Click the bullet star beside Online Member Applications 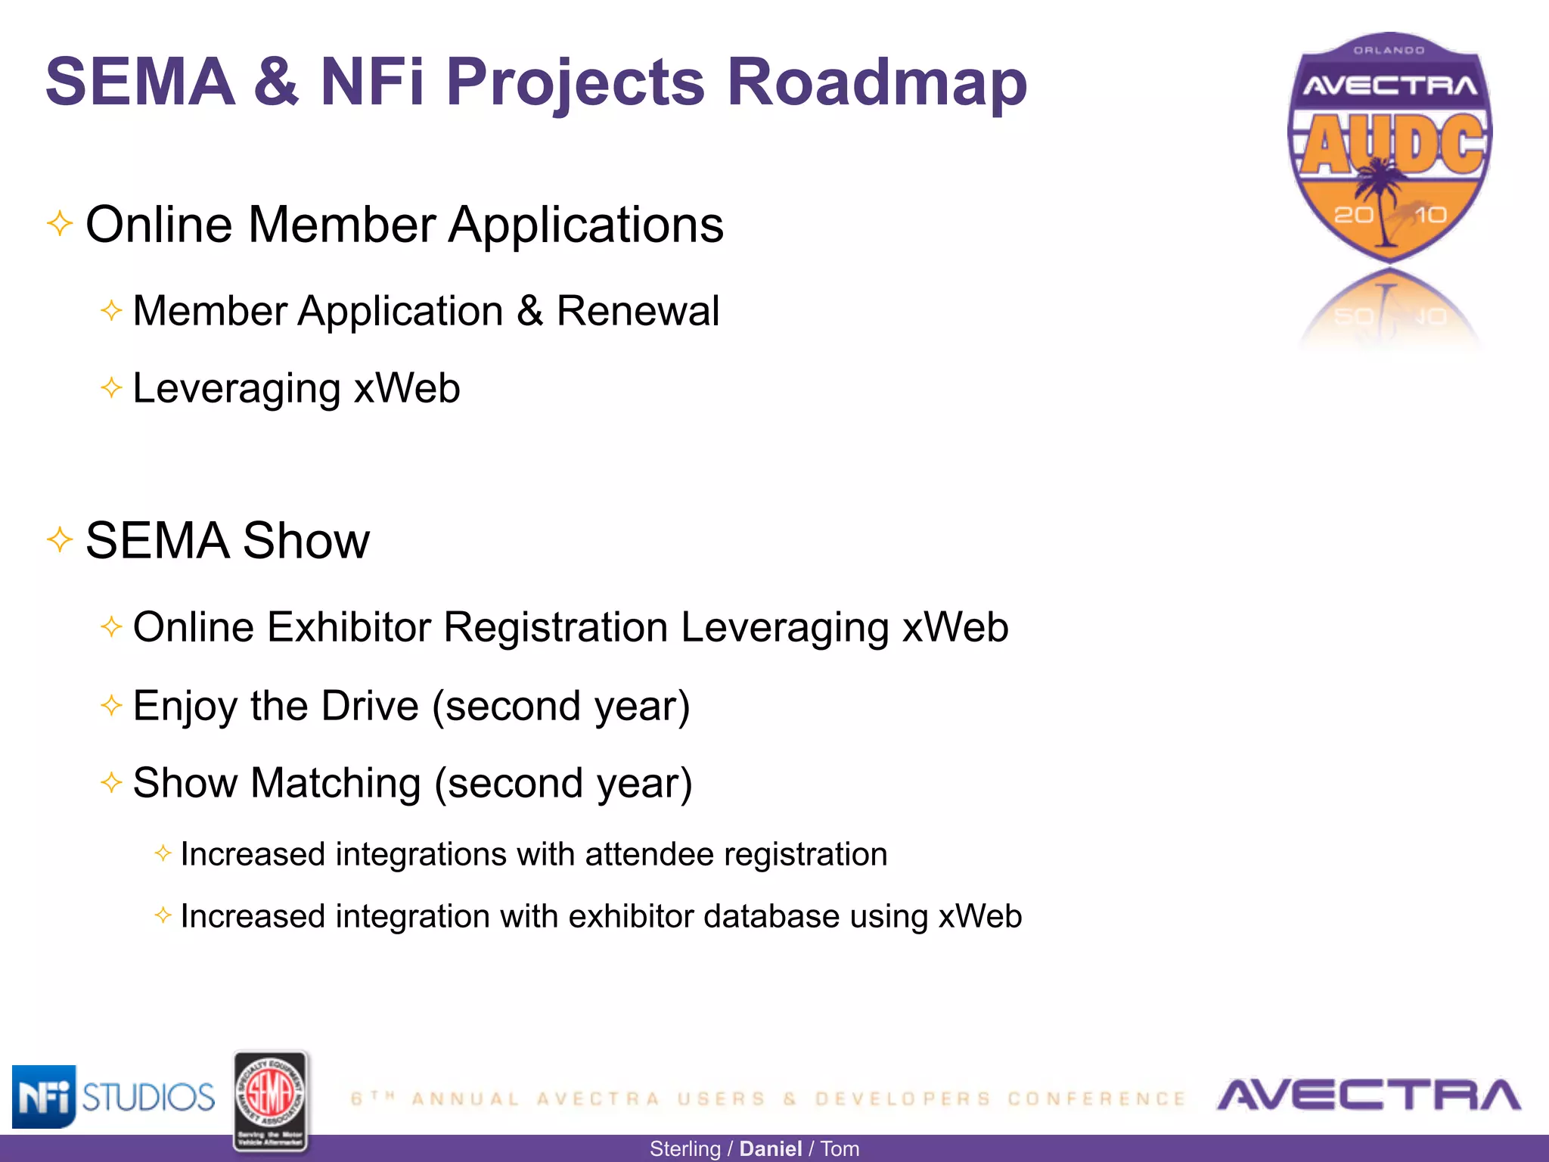tap(60, 224)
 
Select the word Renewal tap(638, 311)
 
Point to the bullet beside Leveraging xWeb tap(111, 388)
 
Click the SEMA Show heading tap(227, 540)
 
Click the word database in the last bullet tap(771, 916)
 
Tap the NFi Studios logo tap(113, 1096)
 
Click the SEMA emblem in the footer tap(271, 1101)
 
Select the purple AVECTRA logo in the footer tap(1368, 1095)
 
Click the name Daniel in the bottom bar tap(770, 1148)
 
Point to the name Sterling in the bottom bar tap(684, 1148)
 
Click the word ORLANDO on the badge tap(1389, 51)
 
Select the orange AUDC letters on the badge tap(1392, 144)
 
